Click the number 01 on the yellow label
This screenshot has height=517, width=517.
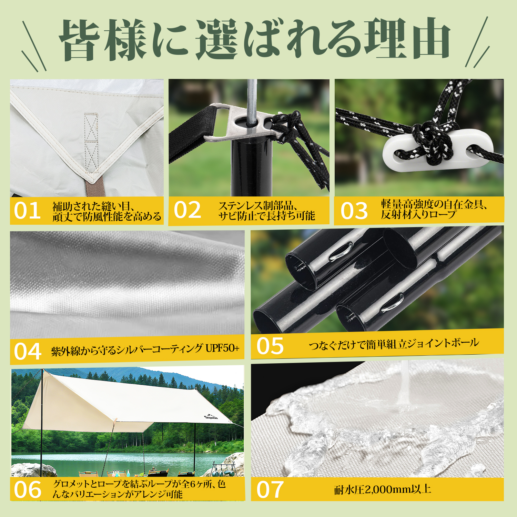[27, 211]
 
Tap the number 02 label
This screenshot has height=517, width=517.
[187, 210]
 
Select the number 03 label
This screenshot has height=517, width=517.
[354, 211]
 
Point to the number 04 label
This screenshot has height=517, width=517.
[28, 352]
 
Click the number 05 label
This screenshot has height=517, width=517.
[270, 346]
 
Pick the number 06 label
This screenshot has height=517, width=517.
[28, 490]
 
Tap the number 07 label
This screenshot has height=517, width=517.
[270, 490]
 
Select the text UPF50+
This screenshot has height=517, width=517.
[222, 348]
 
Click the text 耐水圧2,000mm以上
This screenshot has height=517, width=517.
[383, 489]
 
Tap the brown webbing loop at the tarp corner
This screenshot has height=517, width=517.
[95, 187]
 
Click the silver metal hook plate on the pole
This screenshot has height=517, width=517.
[241, 122]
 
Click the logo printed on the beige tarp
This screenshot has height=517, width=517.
[211, 416]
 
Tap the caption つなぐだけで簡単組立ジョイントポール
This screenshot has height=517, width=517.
[394, 344]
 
